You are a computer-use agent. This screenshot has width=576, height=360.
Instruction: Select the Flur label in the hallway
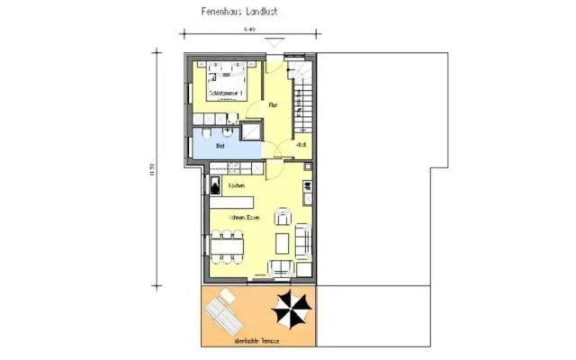(272, 105)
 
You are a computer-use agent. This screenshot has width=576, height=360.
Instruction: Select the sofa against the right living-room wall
(302, 240)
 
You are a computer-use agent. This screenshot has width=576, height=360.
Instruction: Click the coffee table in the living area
(283, 242)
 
